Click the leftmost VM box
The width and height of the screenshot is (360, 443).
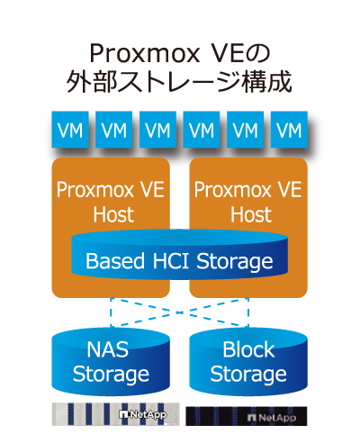click(70, 130)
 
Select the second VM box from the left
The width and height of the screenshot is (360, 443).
click(114, 130)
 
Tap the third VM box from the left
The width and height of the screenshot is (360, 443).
click(157, 130)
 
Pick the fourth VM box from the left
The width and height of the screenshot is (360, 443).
click(202, 130)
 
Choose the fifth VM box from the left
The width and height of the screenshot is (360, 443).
click(246, 130)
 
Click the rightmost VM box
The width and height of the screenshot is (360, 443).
click(289, 130)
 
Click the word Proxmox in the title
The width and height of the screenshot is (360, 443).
click(145, 54)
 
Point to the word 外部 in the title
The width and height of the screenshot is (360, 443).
click(91, 82)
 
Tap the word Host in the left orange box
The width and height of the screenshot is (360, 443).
click(113, 214)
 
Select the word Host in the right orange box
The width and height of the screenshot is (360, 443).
click(251, 214)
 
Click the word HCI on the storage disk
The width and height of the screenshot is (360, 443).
click(171, 260)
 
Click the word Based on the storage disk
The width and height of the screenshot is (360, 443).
click(115, 260)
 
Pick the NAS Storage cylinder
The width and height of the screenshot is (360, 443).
click(111, 362)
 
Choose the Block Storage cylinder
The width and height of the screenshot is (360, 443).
click(248, 362)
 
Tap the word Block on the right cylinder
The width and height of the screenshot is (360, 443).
click(248, 349)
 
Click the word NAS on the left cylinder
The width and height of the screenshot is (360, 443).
click(108, 349)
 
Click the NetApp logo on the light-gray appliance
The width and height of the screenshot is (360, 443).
click(143, 414)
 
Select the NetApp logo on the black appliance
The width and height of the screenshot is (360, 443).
click(272, 418)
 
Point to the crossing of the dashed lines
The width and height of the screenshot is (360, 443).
click(179, 312)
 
